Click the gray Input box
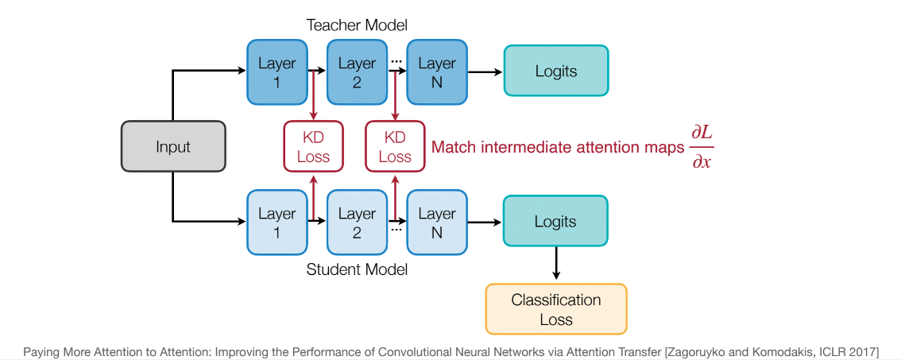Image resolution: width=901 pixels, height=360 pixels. [173, 146]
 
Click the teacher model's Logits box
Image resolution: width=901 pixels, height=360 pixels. [555, 72]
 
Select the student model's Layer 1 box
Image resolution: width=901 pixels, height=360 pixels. [276, 223]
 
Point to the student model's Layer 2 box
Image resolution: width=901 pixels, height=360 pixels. [356, 223]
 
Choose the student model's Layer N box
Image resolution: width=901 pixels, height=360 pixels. [436, 223]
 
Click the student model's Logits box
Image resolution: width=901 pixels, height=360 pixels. [555, 222]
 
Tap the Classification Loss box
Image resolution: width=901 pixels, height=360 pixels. [555, 309]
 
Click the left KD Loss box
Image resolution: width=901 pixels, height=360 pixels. [313, 146]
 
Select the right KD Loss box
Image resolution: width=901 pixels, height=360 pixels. [395, 146]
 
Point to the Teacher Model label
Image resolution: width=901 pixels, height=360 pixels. [357, 25]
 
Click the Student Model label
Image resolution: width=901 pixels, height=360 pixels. [357, 269]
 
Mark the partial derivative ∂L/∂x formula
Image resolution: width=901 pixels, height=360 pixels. [702, 146]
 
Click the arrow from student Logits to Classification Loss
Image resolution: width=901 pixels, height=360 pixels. [555, 263]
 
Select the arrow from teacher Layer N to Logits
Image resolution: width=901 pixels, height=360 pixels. [484, 72]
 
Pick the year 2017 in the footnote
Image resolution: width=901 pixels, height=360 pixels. [860, 351]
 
